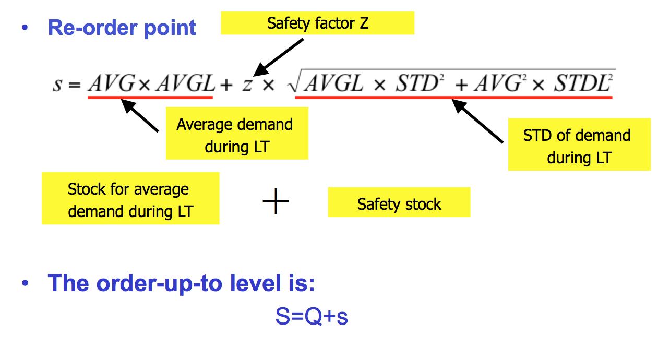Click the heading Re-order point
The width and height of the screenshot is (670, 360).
click(122, 28)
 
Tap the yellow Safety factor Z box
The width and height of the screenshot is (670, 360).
click(317, 23)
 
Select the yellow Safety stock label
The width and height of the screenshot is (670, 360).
click(399, 203)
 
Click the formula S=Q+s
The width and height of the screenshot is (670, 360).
click(312, 317)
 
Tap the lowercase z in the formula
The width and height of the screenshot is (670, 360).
click(247, 83)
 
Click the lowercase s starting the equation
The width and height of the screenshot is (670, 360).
click(58, 83)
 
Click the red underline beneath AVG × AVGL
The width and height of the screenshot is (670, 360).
click(150, 97)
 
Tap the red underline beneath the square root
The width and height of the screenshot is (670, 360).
click(453, 97)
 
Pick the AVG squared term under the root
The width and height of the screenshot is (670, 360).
click(494, 82)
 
